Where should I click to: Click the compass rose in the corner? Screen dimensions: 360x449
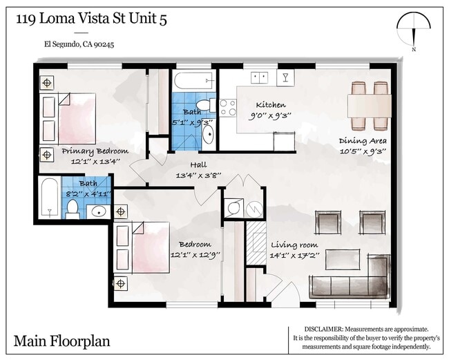(x=414, y=31)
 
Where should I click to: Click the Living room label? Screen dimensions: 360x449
(x=294, y=245)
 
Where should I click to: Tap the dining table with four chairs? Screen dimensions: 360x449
(x=368, y=105)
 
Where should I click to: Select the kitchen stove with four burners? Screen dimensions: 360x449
(x=227, y=106)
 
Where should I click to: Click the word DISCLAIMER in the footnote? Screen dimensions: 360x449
(x=325, y=330)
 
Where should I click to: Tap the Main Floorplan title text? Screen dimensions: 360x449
(x=61, y=341)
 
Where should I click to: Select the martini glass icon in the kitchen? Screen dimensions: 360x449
(x=285, y=75)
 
